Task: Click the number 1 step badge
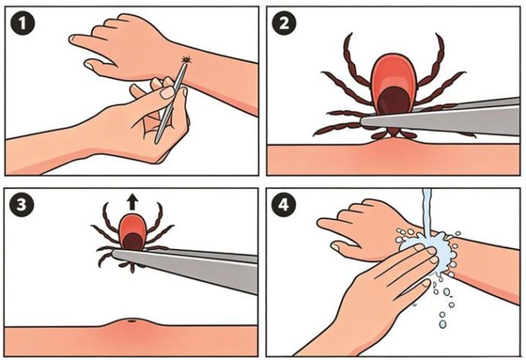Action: [22, 24]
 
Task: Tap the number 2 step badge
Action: [284, 24]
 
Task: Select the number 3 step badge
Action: [21, 204]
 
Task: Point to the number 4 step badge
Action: [284, 204]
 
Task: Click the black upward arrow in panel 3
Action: [133, 203]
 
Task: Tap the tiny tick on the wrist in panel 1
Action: [186, 60]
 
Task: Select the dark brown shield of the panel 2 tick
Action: [394, 101]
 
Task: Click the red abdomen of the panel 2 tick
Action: [394, 77]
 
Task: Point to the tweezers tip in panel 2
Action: [364, 121]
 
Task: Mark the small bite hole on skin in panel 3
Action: [132, 321]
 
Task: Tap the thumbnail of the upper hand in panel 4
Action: [335, 247]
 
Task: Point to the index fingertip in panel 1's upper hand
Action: [73, 39]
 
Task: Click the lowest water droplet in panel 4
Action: [443, 324]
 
